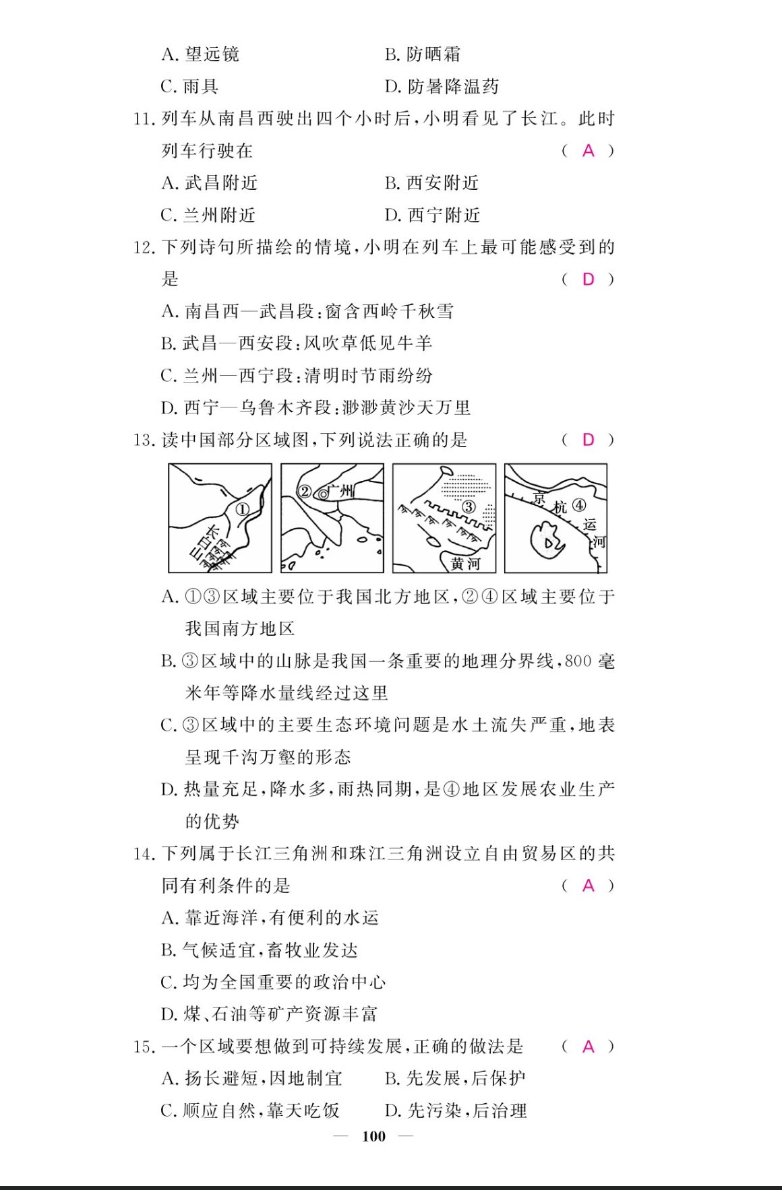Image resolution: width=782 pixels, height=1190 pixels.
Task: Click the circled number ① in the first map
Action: click(x=242, y=510)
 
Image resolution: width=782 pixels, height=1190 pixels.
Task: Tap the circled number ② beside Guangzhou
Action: click(x=304, y=492)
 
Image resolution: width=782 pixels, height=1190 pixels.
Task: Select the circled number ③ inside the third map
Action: click(x=469, y=506)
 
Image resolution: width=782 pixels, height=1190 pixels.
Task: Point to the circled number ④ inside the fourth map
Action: click(x=579, y=504)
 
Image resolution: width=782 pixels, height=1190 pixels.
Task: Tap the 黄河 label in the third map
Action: click(x=465, y=563)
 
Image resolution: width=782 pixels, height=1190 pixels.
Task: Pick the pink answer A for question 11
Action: click(x=589, y=151)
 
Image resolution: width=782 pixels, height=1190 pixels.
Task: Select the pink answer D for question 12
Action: click(x=589, y=279)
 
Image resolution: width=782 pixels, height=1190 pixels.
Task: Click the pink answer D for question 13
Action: click(x=589, y=440)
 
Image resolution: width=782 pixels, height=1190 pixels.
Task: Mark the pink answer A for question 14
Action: click(x=589, y=886)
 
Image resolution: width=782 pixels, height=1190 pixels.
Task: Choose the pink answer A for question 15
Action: click(x=589, y=1047)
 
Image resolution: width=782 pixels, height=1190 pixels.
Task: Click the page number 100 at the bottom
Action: click(x=374, y=1136)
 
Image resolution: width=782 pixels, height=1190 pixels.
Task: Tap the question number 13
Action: click(x=144, y=440)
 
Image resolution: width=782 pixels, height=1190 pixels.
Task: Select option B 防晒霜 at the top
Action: click(x=423, y=55)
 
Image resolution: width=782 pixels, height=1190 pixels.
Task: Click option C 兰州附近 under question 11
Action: click(x=208, y=216)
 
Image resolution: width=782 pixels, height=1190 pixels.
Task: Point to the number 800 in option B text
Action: click(x=578, y=661)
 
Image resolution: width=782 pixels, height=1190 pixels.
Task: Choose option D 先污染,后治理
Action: click(x=456, y=1111)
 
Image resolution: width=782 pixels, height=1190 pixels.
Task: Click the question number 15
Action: click(x=144, y=1047)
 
